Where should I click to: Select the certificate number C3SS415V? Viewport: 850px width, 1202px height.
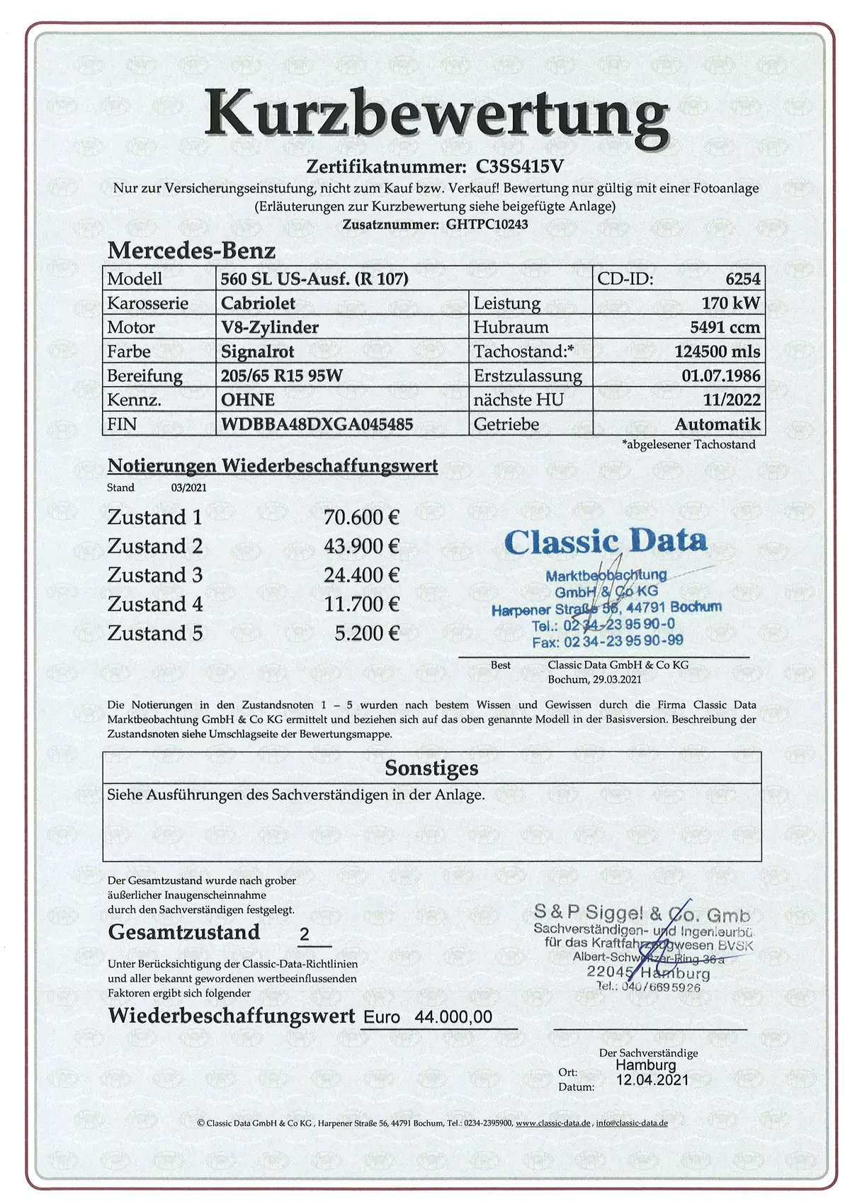point(519,166)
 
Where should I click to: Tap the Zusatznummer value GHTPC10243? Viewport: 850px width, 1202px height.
point(487,225)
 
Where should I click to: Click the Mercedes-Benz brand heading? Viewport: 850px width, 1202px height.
point(191,251)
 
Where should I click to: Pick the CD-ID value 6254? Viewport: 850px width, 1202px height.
point(742,278)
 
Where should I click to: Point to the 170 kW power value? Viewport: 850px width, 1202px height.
point(730,303)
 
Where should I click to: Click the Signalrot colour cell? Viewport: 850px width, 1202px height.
point(257,351)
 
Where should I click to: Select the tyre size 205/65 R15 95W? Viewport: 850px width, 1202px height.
point(281,375)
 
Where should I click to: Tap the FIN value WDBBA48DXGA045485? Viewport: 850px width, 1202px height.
point(317,424)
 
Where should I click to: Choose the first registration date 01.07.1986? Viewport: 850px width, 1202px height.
point(720,375)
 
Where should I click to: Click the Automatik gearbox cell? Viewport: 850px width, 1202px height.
point(717,424)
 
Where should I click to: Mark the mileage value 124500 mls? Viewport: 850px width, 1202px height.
point(717,351)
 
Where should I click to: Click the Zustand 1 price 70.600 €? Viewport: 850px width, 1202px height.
point(361,518)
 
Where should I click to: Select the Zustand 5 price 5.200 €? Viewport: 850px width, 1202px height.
point(367,633)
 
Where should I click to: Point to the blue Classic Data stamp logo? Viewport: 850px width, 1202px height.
point(606,542)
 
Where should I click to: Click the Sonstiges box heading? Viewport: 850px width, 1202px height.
point(431,769)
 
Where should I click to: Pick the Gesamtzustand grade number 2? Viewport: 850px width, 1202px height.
point(305,934)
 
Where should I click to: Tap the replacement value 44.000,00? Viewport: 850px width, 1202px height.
point(453,1017)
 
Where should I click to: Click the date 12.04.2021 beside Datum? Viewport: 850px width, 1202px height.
point(652,1080)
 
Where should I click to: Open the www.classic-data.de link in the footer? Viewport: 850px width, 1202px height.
point(552,1123)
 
